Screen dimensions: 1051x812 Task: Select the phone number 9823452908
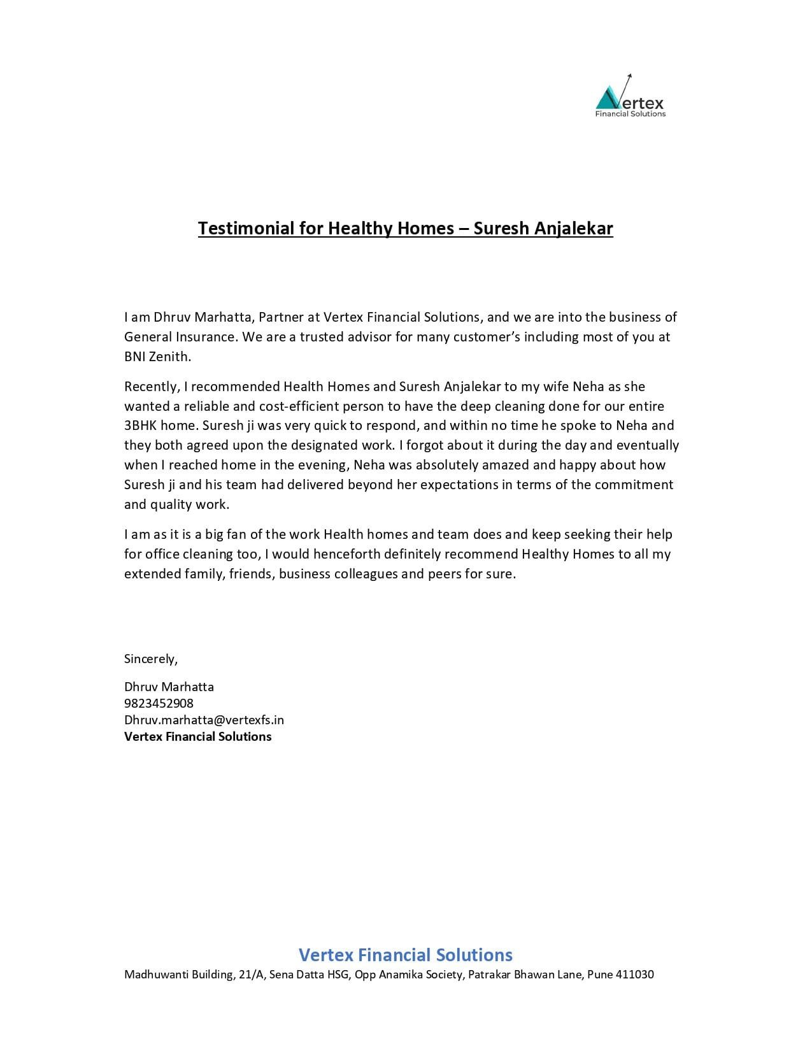click(x=159, y=703)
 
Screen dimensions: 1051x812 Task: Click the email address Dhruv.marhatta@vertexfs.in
click(x=204, y=720)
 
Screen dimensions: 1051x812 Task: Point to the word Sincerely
click(x=151, y=659)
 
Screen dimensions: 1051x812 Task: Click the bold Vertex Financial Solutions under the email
click(x=197, y=736)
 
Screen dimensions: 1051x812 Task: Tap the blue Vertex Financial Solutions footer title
click(x=406, y=955)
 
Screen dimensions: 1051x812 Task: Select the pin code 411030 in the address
click(x=635, y=975)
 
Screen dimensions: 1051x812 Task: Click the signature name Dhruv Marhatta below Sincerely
click(x=169, y=687)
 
